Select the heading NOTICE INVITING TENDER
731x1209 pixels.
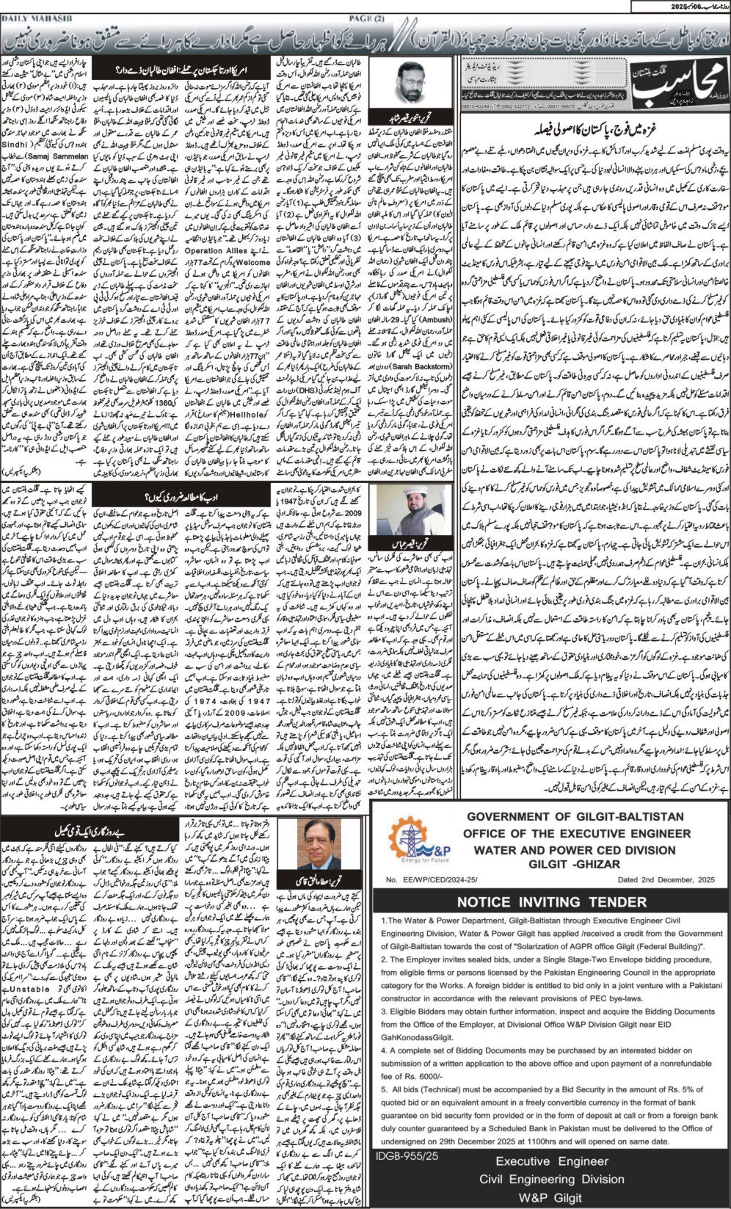click(551, 902)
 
